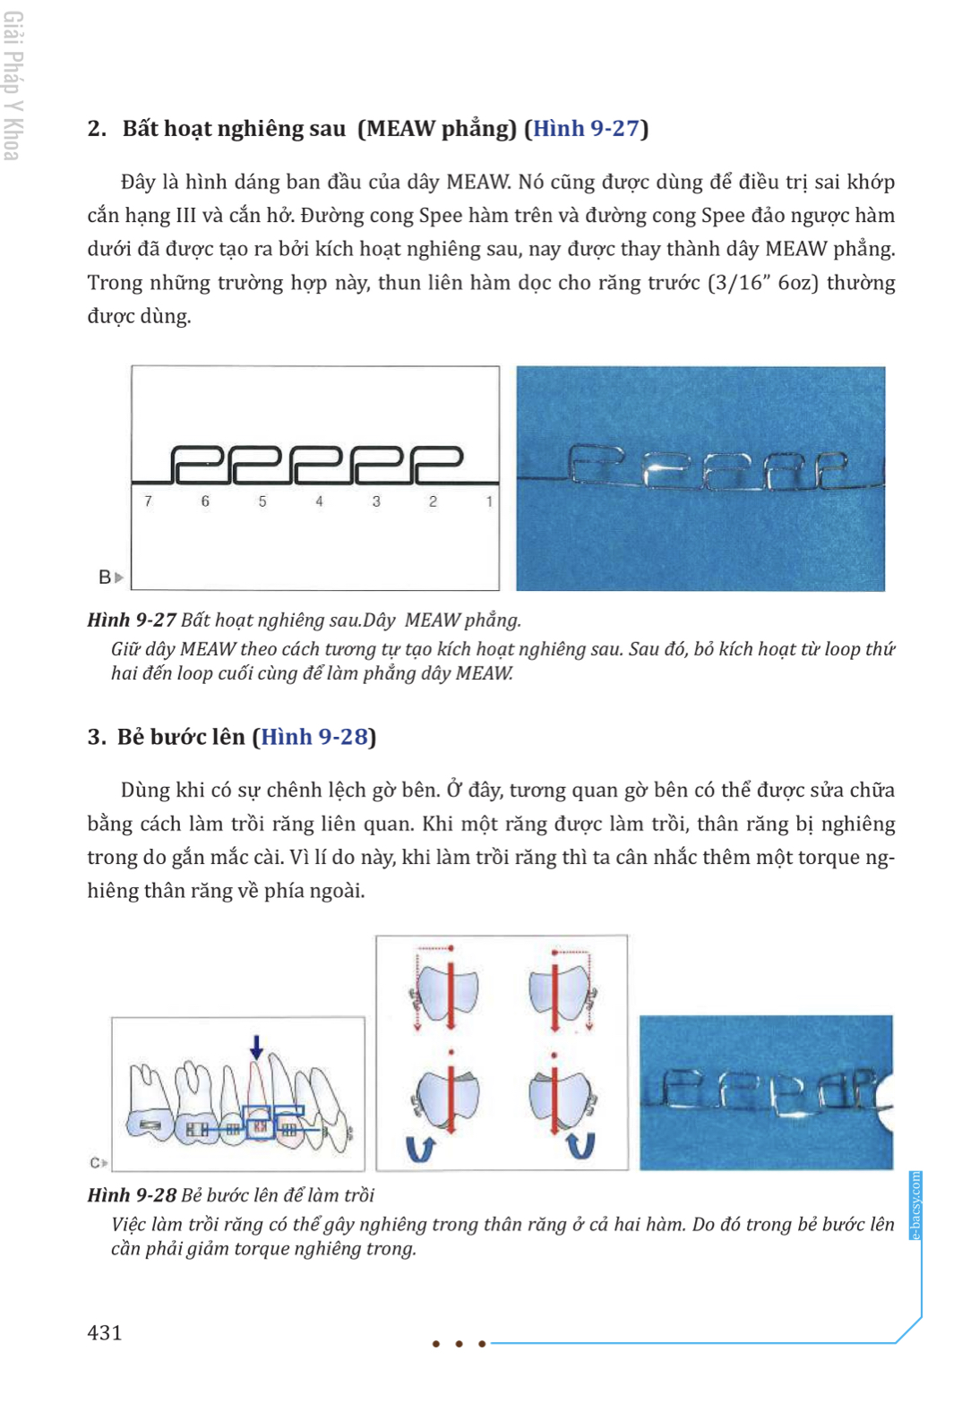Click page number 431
pos(105,1332)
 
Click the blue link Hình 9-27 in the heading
pos(586,129)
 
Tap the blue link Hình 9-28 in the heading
pos(314,737)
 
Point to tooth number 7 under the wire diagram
pos(148,501)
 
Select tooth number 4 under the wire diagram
pos(319,501)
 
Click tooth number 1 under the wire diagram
pos(489,501)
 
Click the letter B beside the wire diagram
pos(105,577)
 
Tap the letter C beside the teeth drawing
pos(95,1163)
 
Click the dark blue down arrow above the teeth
pos(256,1046)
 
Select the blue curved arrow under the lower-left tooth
pos(420,1148)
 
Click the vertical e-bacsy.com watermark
pos(915,1205)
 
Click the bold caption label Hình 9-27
pos(132,620)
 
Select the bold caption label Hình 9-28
pos(132,1195)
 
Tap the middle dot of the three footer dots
pos(459,1343)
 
